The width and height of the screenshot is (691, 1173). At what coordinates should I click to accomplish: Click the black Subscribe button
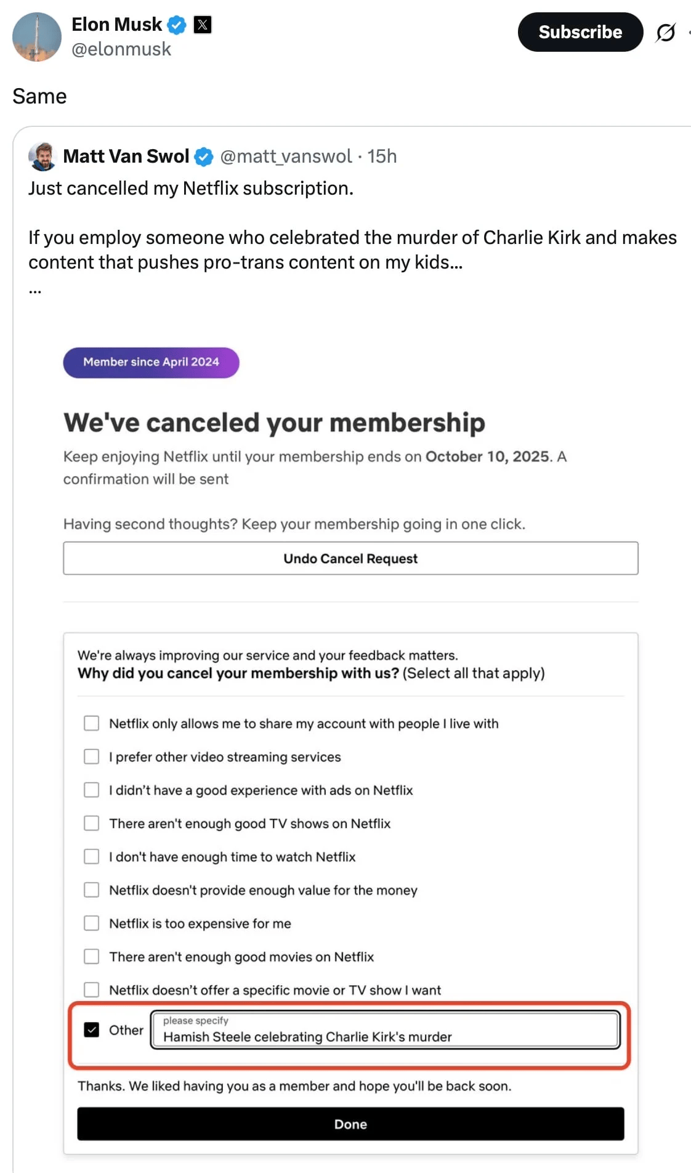point(580,32)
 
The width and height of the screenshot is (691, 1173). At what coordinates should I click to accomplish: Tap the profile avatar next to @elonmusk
point(37,37)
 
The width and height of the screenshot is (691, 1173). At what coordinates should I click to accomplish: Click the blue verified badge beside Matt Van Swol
point(204,157)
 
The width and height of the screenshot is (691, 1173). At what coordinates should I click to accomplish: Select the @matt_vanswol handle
point(286,156)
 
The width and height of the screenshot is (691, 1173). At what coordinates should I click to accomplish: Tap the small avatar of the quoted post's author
point(42,156)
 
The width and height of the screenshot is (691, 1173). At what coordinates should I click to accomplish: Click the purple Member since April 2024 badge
point(151,362)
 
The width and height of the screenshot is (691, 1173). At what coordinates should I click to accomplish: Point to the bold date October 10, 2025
point(487,457)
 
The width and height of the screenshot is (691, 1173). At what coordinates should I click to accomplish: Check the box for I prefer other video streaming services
point(92,757)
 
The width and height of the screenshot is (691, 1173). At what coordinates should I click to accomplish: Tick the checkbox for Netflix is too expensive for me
point(92,923)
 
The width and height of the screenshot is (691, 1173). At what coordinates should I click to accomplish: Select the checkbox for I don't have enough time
point(92,856)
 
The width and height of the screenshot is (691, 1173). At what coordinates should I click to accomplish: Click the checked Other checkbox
point(92,1029)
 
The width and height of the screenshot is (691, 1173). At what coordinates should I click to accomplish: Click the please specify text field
point(385,1030)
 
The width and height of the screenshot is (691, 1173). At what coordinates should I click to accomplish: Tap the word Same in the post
point(39,97)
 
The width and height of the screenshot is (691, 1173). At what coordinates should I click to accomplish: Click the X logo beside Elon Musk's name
point(203,25)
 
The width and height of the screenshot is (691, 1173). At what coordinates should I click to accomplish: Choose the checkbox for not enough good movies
point(92,956)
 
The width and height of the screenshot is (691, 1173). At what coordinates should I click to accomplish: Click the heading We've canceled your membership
point(274,423)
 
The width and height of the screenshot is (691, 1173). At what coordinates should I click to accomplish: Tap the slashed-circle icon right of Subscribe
point(666,32)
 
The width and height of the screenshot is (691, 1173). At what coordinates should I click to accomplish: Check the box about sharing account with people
point(92,723)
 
